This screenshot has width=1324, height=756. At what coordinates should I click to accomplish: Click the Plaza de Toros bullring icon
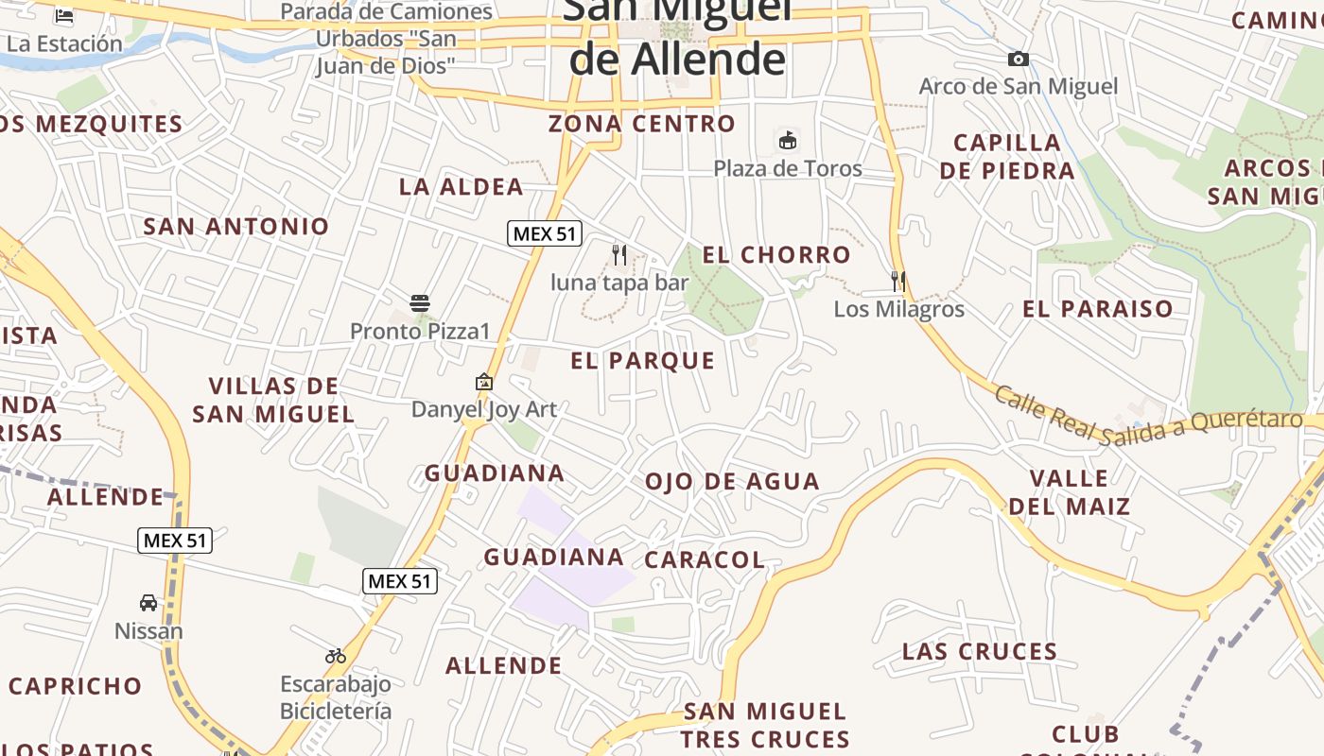click(x=787, y=141)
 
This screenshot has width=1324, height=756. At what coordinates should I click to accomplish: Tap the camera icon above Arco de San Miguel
click(x=1019, y=59)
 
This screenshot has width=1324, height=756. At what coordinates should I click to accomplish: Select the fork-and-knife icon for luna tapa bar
click(x=619, y=254)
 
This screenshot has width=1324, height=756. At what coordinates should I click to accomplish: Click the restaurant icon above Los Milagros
click(x=898, y=281)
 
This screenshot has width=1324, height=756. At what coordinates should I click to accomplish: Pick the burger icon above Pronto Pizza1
click(x=421, y=303)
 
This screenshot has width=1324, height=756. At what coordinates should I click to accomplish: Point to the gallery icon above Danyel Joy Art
click(x=484, y=382)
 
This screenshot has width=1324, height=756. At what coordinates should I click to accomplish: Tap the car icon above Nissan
click(x=148, y=603)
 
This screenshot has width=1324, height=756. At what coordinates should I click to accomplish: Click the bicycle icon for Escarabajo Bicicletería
click(x=336, y=656)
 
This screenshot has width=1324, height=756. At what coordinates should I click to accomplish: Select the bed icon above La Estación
click(x=64, y=16)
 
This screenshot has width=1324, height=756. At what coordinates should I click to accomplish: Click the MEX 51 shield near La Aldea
click(x=544, y=233)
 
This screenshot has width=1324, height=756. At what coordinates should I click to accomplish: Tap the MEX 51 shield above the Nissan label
click(x=175, y=541)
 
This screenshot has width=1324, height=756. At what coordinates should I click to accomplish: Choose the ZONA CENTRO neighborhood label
click(x=642, y=124)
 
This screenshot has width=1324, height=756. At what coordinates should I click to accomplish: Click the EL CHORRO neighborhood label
click(x=776, y=254)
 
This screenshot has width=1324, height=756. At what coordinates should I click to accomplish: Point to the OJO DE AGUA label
click(x=732, y=481)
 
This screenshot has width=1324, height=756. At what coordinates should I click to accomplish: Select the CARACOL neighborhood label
click(x=705, y=559)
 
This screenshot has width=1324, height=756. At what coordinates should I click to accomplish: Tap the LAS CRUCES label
click(x=980, y=651)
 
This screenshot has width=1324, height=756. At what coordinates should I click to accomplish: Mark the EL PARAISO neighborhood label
click(x=1097, y=309)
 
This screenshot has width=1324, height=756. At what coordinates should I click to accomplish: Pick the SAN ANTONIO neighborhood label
click(x=235, y=226)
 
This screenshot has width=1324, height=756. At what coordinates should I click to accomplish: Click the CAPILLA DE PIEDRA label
click(x=1007, y=157)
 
